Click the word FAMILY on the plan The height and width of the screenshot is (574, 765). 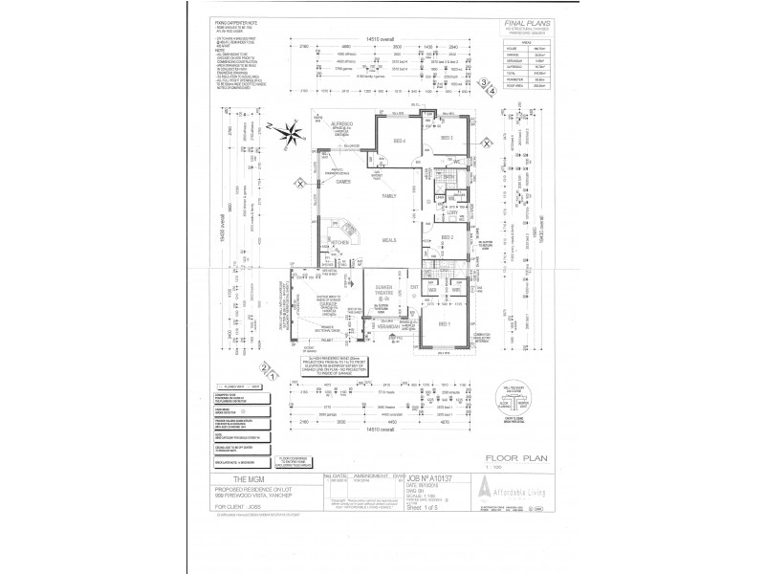[389, 196]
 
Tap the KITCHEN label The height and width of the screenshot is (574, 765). [340, 243]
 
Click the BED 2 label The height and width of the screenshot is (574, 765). [446, 236]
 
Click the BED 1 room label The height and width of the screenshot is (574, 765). [445, 324]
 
